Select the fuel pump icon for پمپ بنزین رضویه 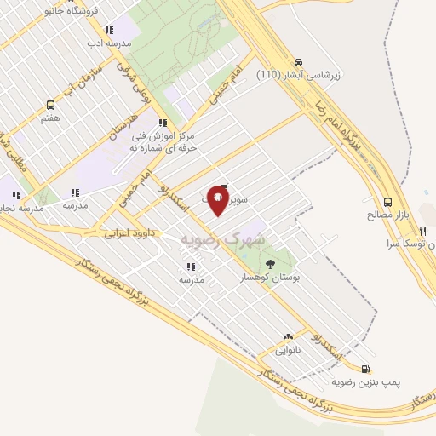pos(366,369)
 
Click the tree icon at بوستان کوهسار pos(271,263)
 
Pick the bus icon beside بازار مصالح pos(388,203)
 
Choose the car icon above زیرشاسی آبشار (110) pos(298,62)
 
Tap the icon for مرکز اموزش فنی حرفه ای pos(163,123)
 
